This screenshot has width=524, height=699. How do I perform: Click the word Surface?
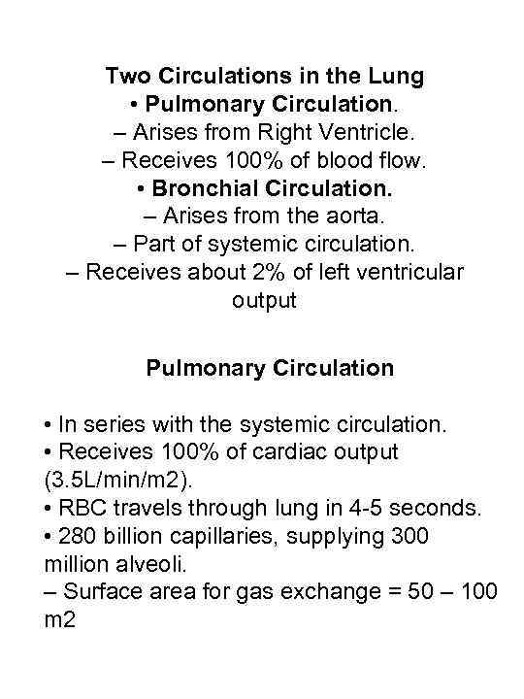(x=98, y=591)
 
